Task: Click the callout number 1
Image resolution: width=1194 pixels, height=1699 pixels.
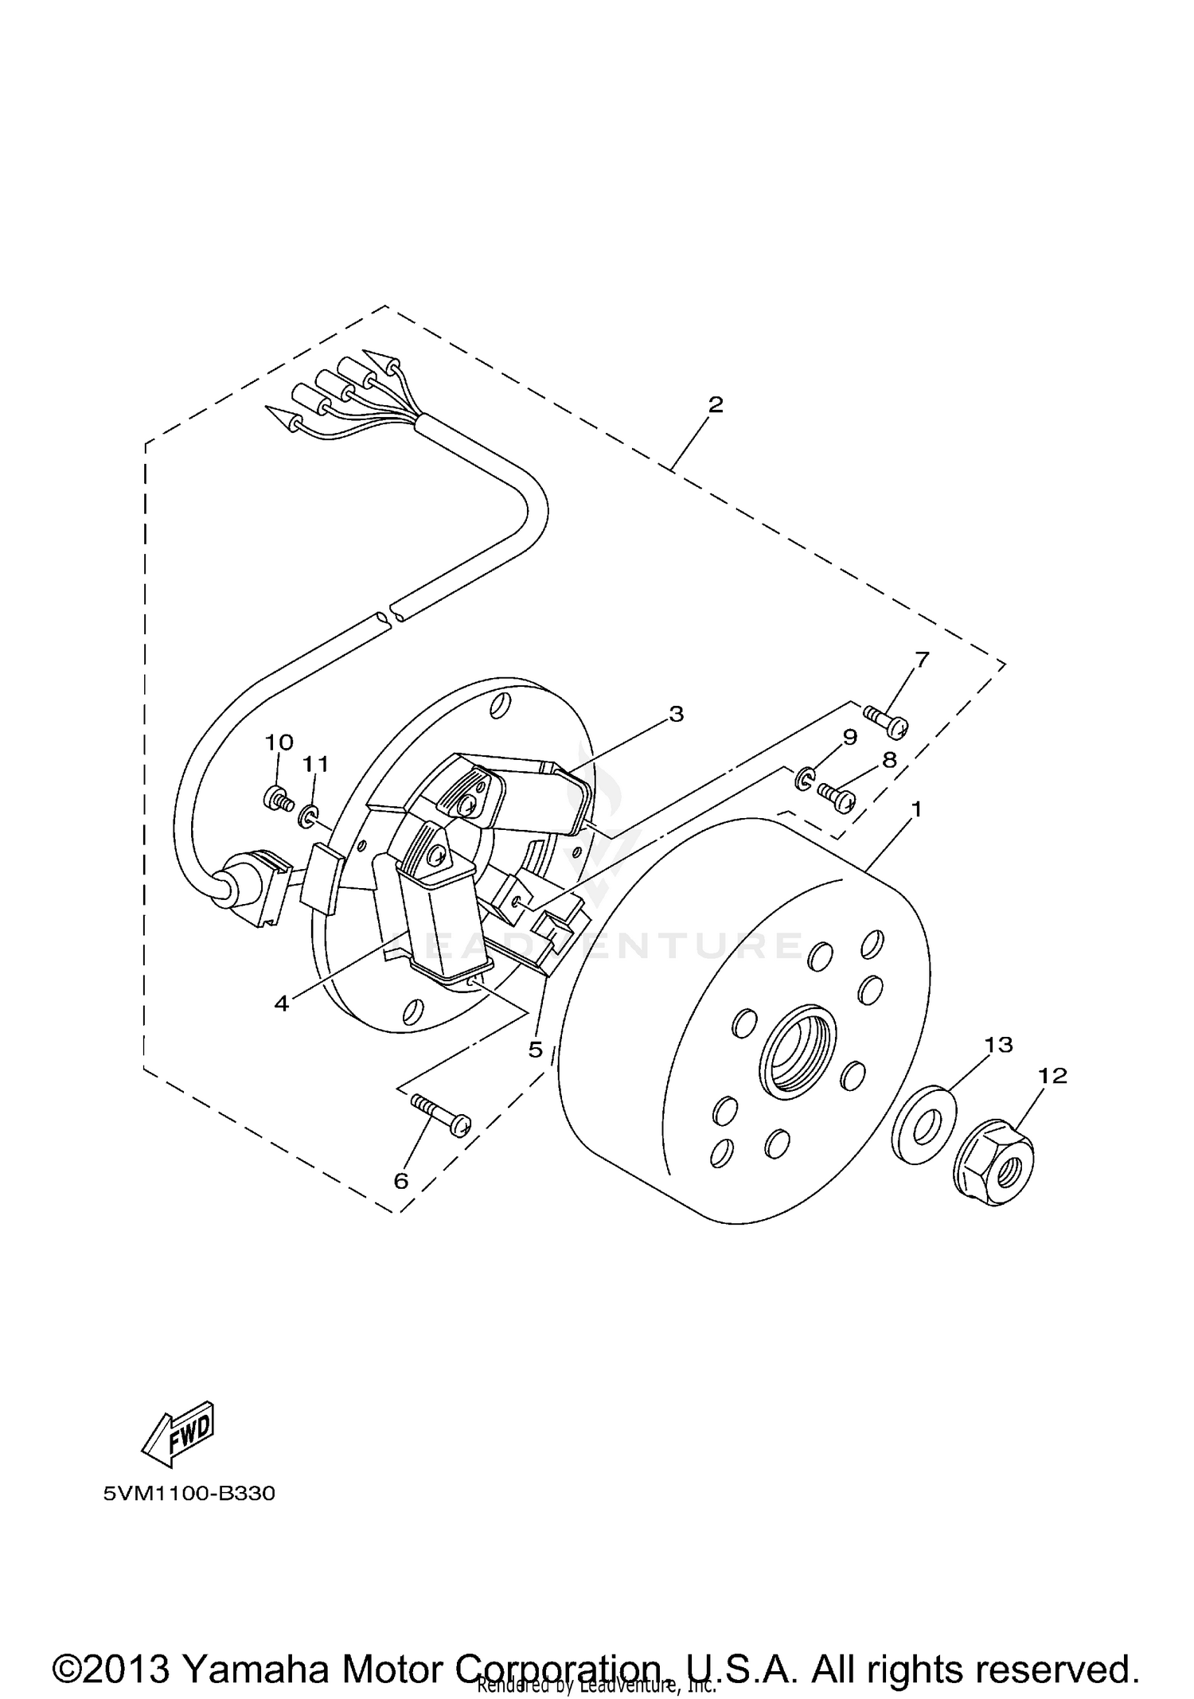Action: pos(916,810)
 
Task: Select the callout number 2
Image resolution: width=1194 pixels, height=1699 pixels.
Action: pos(716,404)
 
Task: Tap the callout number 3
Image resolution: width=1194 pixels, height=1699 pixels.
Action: pos(676,714)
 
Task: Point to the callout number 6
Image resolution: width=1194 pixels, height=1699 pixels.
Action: pos(401,1181)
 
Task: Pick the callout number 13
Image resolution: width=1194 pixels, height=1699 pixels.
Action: pos(999,1045)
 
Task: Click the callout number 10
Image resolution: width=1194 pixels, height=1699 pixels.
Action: pos(279,742)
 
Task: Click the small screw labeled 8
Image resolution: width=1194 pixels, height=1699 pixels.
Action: pos(834,793)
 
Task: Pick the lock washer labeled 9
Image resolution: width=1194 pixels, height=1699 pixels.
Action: pos(803,778)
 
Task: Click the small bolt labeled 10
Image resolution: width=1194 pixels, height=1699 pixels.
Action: pos(276,798)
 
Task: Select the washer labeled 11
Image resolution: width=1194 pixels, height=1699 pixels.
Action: pos(308,816)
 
